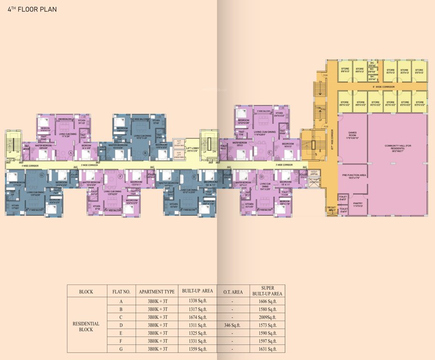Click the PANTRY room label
pos(358,204)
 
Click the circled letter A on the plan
pos(70,153)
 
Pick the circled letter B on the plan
pos(145,153)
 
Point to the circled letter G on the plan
pos(42,175)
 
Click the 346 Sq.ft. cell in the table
pos(233,325)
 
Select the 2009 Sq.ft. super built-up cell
pos(268,317)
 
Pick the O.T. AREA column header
pos(233,292)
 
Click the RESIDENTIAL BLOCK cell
pos(86,326)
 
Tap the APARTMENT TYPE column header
pos(157,292)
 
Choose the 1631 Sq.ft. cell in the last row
pos(268,349)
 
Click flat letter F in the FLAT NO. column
pos(121,341)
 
